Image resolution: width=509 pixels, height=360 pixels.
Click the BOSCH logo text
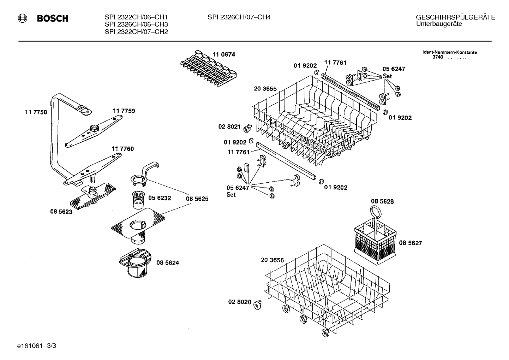coord(53,18)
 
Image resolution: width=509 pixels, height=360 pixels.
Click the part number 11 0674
coord(223,55)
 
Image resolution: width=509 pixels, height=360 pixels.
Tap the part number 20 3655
coord(265,89)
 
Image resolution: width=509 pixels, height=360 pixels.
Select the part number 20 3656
coord(272,260)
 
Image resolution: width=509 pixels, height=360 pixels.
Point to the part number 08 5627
coord(411,243)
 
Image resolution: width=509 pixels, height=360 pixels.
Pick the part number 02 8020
coord(240,302)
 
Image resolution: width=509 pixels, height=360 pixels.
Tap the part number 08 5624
coord(167,263)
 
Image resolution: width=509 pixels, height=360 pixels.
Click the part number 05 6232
coord(160,198)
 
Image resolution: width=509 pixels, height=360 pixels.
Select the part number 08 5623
coord(61,212)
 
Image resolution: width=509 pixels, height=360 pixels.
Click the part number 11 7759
coord(124,111)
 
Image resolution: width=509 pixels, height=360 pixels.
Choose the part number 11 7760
coord(122,149)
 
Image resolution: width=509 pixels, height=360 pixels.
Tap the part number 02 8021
coord(229,126)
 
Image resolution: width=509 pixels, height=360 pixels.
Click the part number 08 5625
coord(197,199)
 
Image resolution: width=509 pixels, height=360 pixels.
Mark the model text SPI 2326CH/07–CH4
coord(239,17)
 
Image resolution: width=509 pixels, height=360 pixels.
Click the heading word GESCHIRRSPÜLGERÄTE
coord(455,17)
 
